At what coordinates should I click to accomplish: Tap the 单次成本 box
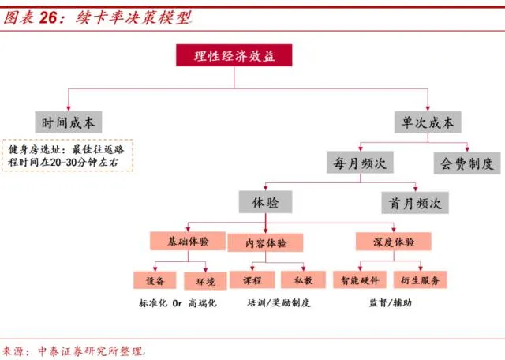tap(428, 122)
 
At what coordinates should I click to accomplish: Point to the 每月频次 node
tap(360, 163)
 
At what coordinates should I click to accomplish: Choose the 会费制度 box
tap(466, 163)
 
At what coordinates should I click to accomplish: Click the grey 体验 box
tap(265, 202)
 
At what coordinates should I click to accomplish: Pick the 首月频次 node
tap(415, 202)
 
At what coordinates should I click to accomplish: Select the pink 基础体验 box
tap(187, 241)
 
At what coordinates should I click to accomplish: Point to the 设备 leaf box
tap(155, 280)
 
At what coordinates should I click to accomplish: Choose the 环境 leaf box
tap(205, 280)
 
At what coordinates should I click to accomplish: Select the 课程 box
tap(252, 279)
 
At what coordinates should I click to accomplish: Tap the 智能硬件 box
tap(361, 279)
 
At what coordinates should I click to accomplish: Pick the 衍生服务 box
tap(420, 279)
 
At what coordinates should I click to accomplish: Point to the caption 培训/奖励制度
tap(278, 303)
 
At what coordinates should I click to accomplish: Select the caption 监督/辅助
tap(390, 303)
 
